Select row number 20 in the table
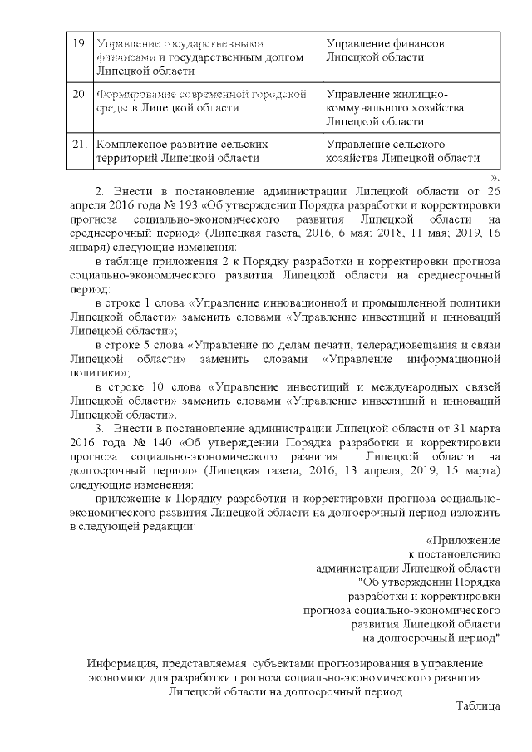(x=80, y=94)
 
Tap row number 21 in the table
(x=80, y=145)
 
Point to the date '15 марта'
(x=470, y=471)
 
